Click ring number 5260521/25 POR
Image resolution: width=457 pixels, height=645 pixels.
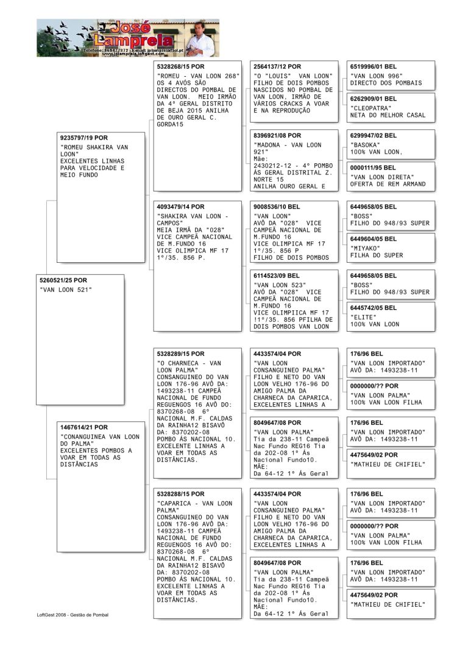[63, 280]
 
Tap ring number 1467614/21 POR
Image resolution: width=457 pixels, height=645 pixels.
[84, 427]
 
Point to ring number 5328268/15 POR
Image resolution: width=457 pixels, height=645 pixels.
[181, 66]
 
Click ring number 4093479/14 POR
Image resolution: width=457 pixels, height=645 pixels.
[181, 207]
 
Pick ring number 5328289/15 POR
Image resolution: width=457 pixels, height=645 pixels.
[181, 354]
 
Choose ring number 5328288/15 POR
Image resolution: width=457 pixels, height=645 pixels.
[181, 494]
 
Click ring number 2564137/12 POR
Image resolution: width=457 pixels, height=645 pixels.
[277, 66]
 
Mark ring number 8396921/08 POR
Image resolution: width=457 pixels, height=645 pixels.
[277, 135]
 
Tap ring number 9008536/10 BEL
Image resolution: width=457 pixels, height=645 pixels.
[277, 207]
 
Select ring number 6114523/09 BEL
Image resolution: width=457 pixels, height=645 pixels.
[277, 276]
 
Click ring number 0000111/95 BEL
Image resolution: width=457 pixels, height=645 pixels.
[374, 168]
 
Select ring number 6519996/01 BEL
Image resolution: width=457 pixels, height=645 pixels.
[374, 66]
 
